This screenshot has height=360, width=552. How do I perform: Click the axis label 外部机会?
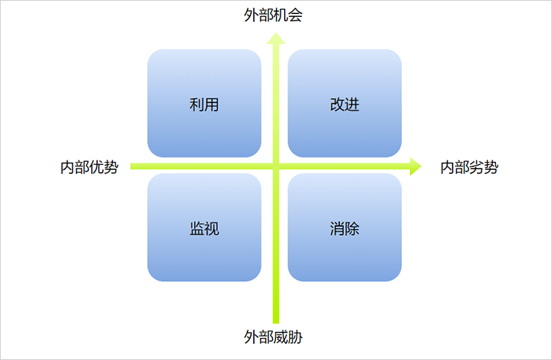click(273, 15)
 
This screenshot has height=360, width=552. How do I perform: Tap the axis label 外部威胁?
click(273, 336)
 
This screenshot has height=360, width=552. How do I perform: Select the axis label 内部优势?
click(89, 167)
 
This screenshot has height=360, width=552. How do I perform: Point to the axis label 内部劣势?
click(470, 167)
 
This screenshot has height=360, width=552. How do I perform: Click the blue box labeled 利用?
click(204, 103)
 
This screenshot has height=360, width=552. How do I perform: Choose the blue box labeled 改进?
click(344, 103)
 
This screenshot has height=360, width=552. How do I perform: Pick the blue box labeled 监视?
click(204, 227)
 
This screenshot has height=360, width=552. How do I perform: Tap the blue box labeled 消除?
click(344, 227)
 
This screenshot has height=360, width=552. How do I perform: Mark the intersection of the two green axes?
click(276, 166)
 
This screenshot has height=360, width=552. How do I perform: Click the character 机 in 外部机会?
click(280, 15)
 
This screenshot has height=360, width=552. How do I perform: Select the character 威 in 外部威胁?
click(280, 336)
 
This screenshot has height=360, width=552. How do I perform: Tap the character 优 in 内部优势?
click(97, 167)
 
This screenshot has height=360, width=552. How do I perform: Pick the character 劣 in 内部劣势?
click(477, 167)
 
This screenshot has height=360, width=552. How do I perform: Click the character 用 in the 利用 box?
click(211, 105)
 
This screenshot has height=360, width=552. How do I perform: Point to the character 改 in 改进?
click(337, 105)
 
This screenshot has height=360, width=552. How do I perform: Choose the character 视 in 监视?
click(211, 229)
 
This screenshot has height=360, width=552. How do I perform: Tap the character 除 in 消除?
click(352, 229)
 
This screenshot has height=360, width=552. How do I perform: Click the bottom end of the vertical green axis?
click(276, 323)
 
